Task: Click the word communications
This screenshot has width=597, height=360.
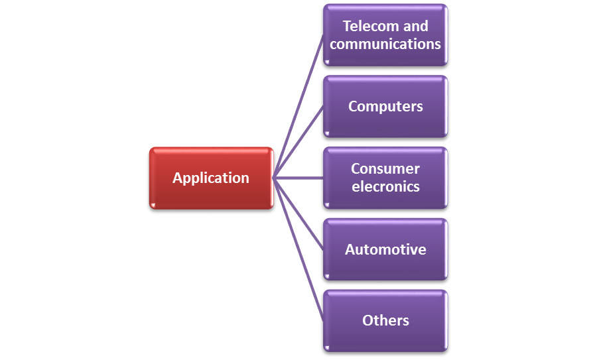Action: (x=385, y=44)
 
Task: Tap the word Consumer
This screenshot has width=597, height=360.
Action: (x=385, y=169)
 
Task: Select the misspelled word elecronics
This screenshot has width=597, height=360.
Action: (x=385, y=187)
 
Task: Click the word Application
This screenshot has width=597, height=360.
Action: (x=211, y=178)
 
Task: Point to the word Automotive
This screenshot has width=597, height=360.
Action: (x=385, y=250)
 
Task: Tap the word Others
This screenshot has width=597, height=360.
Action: (x=385, y=321)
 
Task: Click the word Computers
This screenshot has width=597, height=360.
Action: (x=385, y=107)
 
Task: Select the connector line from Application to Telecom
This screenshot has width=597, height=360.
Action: (x=298, y=106)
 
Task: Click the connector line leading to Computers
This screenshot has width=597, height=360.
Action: (x=298, y=142)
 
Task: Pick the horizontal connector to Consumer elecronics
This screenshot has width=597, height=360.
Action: (x=298, y=178)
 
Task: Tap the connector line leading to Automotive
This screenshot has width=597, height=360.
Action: (x=298, y=213)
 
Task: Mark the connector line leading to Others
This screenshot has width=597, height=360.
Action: (x=298, y=249)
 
